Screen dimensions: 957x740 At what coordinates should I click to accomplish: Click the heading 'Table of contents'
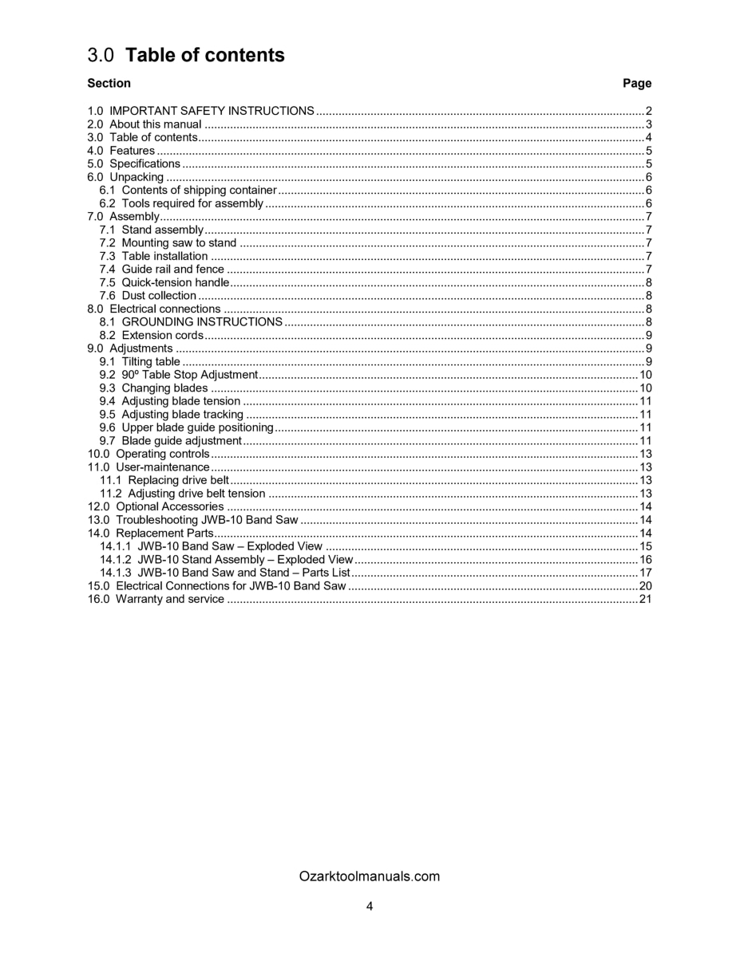pos(204,55)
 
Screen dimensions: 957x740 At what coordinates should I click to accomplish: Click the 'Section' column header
pos(109,83)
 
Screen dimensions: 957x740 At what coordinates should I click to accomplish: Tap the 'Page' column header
pos(636,83)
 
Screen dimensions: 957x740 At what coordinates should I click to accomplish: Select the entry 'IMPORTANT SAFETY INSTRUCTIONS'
pos(212,111)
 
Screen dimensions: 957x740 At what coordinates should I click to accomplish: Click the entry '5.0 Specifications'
pos(133,163)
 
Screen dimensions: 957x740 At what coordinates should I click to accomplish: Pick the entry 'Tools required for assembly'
pos(192,203)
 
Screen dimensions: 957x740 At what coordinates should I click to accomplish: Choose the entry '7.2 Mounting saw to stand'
pos(168,242)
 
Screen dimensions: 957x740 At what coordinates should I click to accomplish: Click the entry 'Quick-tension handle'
pos(175,282)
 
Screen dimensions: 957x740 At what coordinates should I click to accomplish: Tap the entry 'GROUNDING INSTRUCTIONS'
pos(201,321)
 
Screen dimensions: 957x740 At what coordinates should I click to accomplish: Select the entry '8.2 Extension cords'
pos(151,335)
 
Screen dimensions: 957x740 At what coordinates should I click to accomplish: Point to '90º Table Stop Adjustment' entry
pos(189,374)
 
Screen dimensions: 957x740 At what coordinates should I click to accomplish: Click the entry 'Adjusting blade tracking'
pos(182,414)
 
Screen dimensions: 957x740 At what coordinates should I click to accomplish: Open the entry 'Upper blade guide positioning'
pos(197,427)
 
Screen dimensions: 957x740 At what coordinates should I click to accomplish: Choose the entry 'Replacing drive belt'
pos(178,480)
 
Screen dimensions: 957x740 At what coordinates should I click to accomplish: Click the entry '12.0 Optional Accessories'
pos(156,506)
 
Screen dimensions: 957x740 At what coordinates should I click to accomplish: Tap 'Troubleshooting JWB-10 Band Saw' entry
pos(207,519)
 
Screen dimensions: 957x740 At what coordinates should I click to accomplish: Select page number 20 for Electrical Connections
pos(645,585)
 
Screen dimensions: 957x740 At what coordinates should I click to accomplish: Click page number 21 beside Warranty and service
pos(645,599)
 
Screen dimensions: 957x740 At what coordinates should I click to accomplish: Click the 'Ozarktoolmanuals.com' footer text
pos(370,876)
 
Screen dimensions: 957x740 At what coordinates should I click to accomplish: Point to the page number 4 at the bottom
pos(370,905)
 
